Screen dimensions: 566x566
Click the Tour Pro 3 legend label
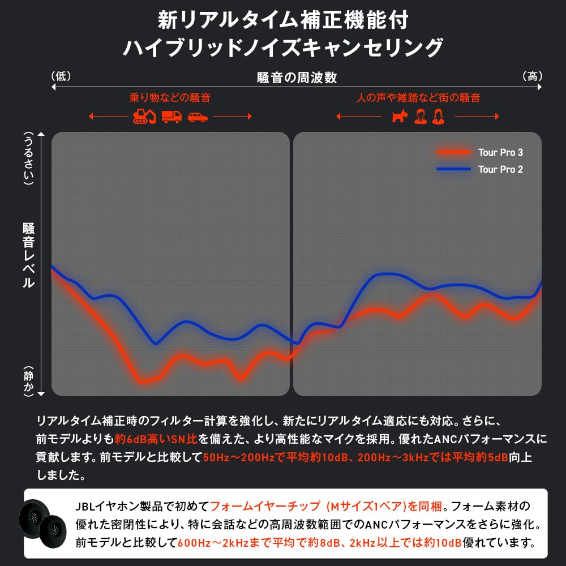pyautogui.click(x=500, y=152)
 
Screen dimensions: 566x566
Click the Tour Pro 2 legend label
pyautogui.click(x=500, y=169)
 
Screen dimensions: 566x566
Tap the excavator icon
pyautogui.click(x=144, y=117)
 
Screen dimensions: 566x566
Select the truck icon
pyautogui.click(x=171, y=117)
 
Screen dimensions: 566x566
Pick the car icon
pyautogui.click(x=198, y=117)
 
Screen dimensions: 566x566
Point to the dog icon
pyautogui.click(x=399, y=117)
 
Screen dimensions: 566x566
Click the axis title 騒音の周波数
pyautogui.click(x=297, y=78)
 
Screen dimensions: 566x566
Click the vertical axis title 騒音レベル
pyautogui.click(x=28, y=255)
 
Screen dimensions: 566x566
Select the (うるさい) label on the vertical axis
pyautogui.click(x=28, y=158)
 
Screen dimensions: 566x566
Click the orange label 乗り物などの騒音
pyautogui.click(x=170, y=97)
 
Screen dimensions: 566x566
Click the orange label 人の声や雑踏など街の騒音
pyautogui.click(x=418, y=97)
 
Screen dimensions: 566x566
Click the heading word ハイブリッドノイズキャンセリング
pyautogui.click(x=282, y=47)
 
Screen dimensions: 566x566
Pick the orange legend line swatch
pyautogui.click(x=453, y=152)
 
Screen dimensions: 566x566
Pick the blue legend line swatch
pyautogui.click(x=453, y=169)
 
